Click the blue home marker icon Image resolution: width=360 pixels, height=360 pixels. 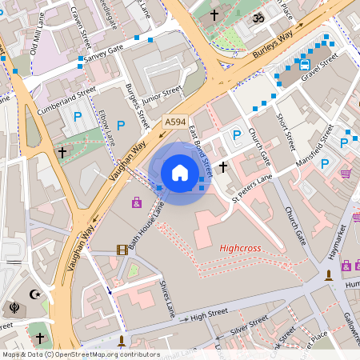tap(180, 172)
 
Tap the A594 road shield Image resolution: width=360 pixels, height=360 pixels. tap(175, 122)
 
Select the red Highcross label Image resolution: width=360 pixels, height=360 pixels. tap(240, 249)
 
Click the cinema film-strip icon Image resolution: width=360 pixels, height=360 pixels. tap(122, 250)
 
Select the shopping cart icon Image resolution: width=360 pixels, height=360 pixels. tap(346, 173)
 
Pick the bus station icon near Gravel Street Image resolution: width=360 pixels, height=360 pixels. tap(304, 63)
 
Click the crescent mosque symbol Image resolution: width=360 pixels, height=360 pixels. tap(34, 294)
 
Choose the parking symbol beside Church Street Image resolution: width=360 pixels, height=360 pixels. tap(237, 136)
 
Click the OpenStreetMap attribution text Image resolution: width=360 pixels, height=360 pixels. tap(81, 354)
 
